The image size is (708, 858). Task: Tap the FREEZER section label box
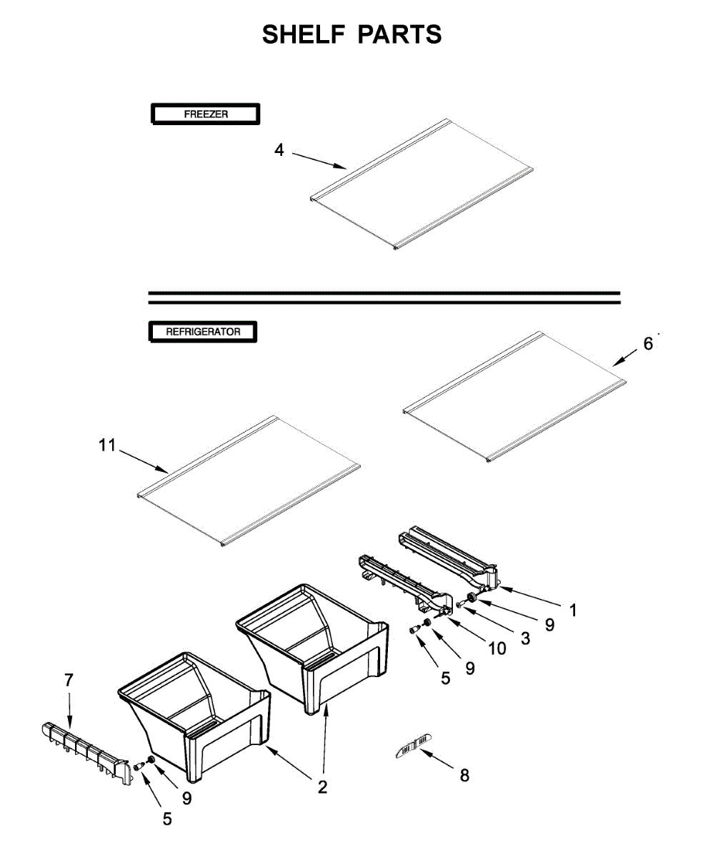pyautogui.click(x=204, y=114)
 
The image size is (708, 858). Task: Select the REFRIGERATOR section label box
pyautogui.click(x=203, y=332)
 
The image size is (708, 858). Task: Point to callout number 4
pyautogui.click(x=279, y=150)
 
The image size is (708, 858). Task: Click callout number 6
pyautogui.click(x=647, y=344)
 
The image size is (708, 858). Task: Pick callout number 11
pyautogui.click(x=106, y=446)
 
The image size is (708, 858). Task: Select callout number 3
pyautogui.click(x=525, y=638)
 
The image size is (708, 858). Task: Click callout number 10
pyautogui.click(x=497, y=649)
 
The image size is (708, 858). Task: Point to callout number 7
pyautogui.click(x=69, y=680)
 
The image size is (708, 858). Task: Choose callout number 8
pyautogui.click(x=464, y=775)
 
